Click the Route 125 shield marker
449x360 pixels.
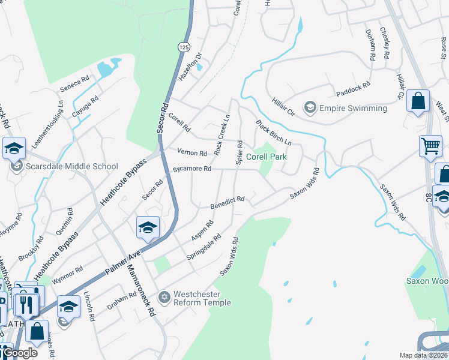pyautogui.click(x=183, y=46)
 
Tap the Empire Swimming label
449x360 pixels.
pyautogui.click(x=353, y=109)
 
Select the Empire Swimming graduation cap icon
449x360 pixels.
pyautogui.click(x=310, y=108)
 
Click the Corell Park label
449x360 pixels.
pyautogui.click(x=267, y=157)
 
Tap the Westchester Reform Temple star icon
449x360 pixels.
pyautogui.click(x=164, y=297)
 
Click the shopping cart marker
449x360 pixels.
pyautogui.click(x=431, y=146)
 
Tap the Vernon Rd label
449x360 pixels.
pyautogui.click(x=191, y=152)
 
